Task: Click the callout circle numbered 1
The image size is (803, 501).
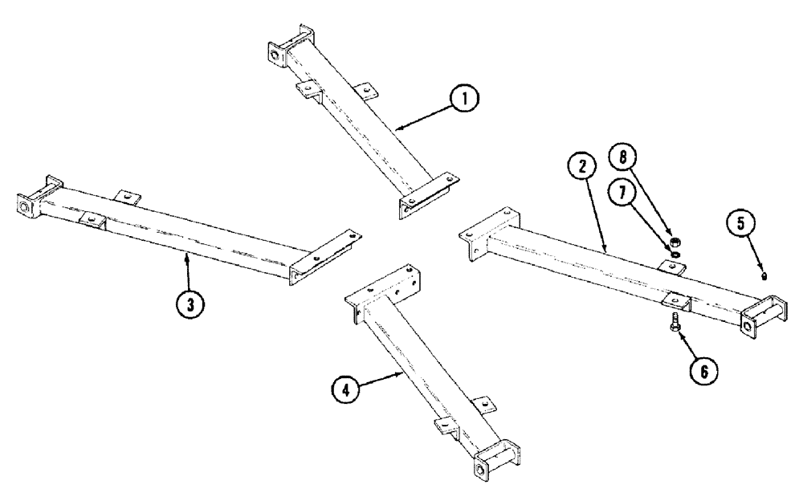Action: click(x=463, y=100)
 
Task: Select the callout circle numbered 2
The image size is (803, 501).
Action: click(x=581, y=168)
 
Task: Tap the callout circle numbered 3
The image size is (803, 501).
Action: click(x=190, y=304)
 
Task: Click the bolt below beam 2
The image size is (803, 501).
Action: click(x=674, y=324)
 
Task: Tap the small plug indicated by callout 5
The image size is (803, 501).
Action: click(x=765, y=275)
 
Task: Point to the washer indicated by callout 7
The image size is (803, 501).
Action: click(x=674, y=254)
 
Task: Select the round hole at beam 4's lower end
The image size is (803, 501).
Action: click(x=480, y=469)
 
